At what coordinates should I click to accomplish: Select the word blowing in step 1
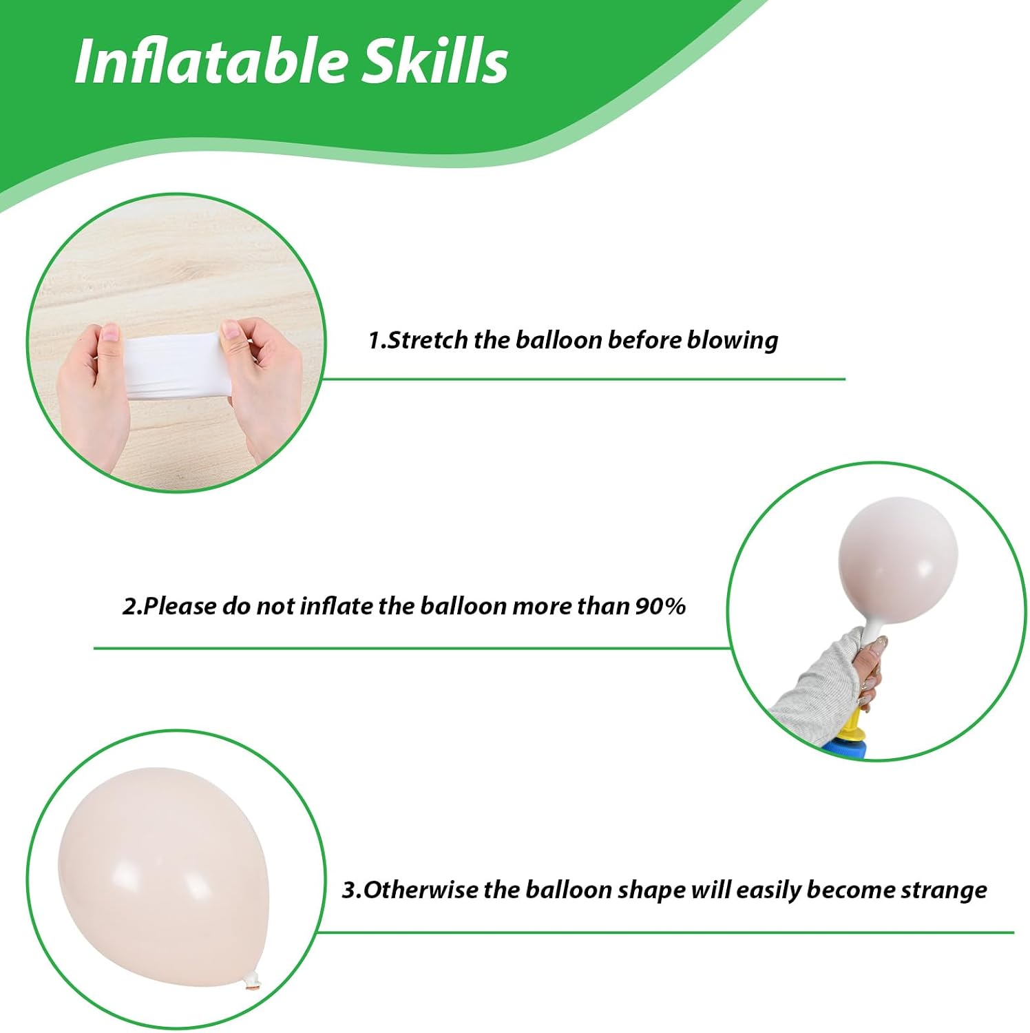pyautogui.click(x=733, y=340)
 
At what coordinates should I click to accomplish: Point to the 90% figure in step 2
pyautogui.click(x=660, y=605)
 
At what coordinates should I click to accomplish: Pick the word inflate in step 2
pyautogui.click(x=336, y=605)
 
